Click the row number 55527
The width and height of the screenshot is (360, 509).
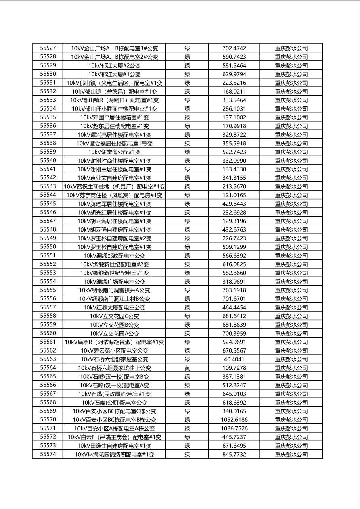pyautogui.click(x=48, y=48)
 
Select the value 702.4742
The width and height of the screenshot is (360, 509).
pyautogui.click(x=234, y=48)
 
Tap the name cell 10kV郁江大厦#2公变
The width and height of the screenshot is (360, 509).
pyautogui.click(x=114, y=65)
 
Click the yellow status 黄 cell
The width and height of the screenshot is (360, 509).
pyautogui.click(x=187, y=368)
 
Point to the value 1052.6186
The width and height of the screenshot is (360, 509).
pyautogui.click(x=234, y=420)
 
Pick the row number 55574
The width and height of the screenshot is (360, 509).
pyautogui.click(x=48, y=454)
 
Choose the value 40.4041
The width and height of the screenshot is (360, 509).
pyautogui.click(x=234, y=359)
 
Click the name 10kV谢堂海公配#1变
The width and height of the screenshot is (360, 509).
pyautogui.click(x=114, y=152)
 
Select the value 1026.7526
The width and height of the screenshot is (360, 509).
pyautogui.click(x=234, y=428)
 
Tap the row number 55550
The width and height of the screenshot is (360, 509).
pyautogui.click(x=48, y=247)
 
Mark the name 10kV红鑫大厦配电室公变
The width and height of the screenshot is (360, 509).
pyautogui.click(x=114, y=307)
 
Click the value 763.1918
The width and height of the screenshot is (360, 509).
pyautogui.click(x=234, y=290)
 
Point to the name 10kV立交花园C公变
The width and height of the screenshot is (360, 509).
pyautogui.click(x=114, y=316)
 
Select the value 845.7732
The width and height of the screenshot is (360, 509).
pyautogui.click(x=234, y=455)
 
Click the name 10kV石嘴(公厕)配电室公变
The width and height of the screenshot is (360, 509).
pyautogui.click(x=114, y=403)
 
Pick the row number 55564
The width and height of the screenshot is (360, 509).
pyautogui.click(x=48, y=368)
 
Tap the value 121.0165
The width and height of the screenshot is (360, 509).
pyautogui.click(x=234, y=195)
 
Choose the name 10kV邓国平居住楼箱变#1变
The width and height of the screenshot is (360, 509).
pyautogui.click(x=114, y=117)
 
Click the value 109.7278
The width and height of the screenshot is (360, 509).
pyautogui.click(x=234, y=368)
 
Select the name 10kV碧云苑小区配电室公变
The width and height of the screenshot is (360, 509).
pyautogui.click(x=114, y=351)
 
